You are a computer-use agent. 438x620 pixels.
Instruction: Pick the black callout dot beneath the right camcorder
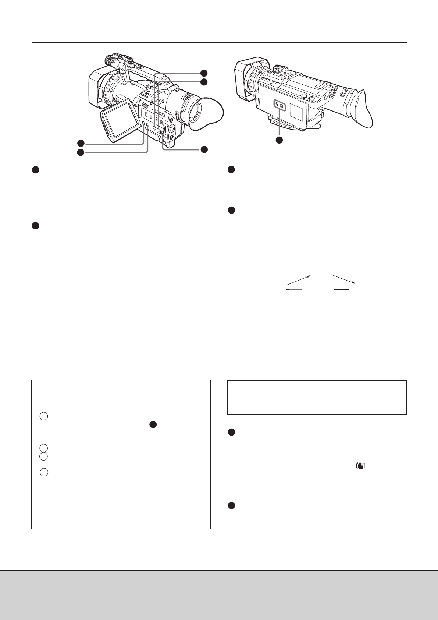279,140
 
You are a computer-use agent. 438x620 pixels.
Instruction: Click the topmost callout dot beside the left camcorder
204,73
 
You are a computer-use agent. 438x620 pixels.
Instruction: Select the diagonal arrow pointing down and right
343,279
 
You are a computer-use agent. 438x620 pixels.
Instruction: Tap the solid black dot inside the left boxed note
153,425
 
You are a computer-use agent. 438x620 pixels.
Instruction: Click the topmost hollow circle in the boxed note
44,416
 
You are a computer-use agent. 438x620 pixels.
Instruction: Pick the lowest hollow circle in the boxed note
44,472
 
